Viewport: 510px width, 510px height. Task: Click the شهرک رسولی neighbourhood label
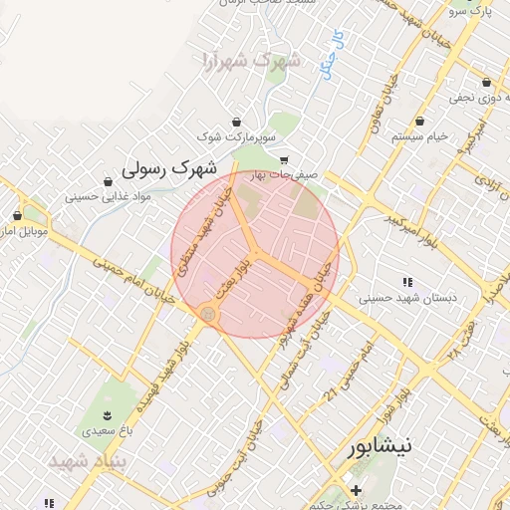pos(164,166)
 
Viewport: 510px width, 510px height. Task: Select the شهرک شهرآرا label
pos(249,60)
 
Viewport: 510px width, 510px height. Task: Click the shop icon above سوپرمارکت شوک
pos(235,121)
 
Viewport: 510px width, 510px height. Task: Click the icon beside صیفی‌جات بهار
pos(284,159)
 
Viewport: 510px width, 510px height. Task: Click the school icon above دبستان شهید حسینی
pos(406,282)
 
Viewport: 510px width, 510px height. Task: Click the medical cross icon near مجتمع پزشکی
pos(356,489)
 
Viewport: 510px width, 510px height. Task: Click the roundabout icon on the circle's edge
pos(207,314)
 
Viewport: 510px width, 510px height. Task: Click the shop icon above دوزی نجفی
pos(485,82)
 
